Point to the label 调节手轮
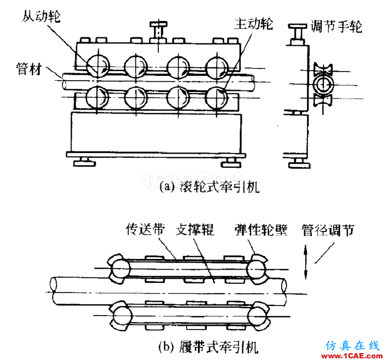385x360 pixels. coord(336,25)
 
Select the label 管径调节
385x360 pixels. coord(328,231)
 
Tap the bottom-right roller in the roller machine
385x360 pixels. coord(219,97)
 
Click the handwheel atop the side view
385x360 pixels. coord(297,28)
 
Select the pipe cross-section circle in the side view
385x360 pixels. coord(324,84)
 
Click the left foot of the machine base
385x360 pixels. coord(84,159)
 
